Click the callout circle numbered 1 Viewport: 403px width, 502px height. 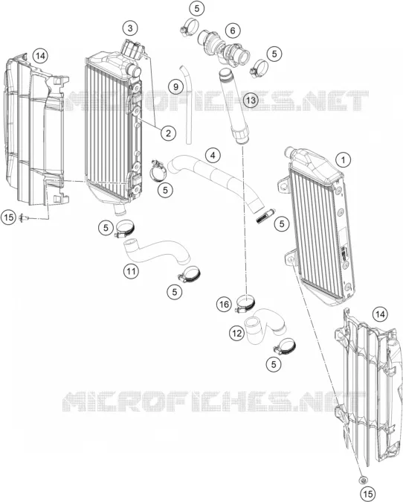pos(344,159)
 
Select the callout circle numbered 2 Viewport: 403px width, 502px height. pos(169,133)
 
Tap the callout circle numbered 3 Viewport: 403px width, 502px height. pos(130,28)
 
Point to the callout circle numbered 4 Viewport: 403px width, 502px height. pos(213,155)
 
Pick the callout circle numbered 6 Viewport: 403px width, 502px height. pos(233,31)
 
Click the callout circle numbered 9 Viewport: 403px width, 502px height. pos(176,86)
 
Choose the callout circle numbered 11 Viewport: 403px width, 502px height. pos(131,272)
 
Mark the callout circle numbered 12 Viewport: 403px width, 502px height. pos(236,334)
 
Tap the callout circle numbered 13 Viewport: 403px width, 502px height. pos(251,101)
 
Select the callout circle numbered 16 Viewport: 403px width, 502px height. pos(224,304)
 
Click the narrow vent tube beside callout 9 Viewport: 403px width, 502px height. pos(187,104)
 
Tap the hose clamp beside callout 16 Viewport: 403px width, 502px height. pos(246,303)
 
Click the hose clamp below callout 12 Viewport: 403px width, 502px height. pos(284,347)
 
